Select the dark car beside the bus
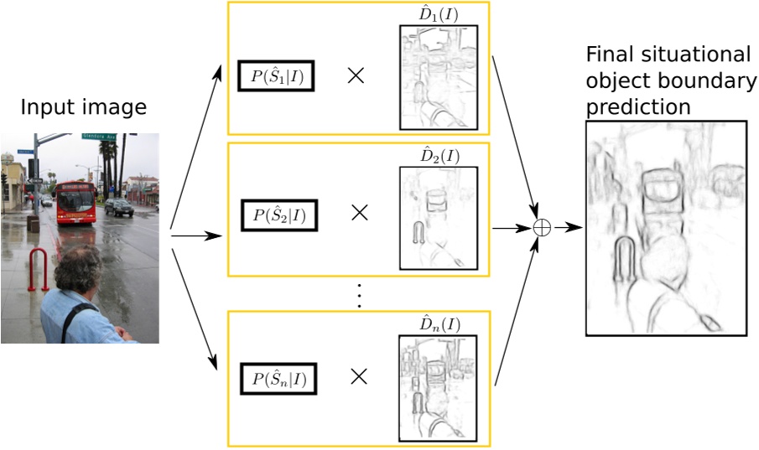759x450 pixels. pyautogui.click(x=119, y=207)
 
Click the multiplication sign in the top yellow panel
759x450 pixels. pyautogui.click(x=356, y=75)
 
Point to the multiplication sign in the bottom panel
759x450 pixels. pyautogui.click(x=359, y=377)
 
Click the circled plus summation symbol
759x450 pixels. pyautogui.click(x=543, y=227)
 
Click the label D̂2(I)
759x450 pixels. pyautogui.click(x=439, y=156)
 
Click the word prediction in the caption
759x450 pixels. pyautogui.click(x=638, y=107)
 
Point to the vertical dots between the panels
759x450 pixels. pyautogui.click(x=359, y=294)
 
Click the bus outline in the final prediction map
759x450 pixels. pyautogui.click(x=663, y=193)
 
